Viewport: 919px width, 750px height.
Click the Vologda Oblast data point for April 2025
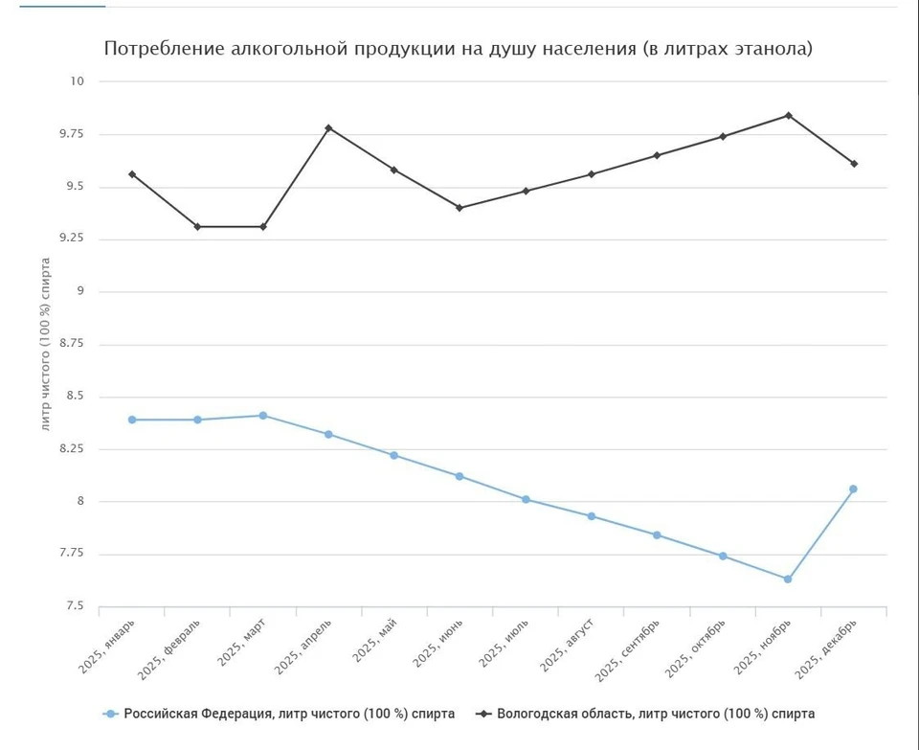(328, 127)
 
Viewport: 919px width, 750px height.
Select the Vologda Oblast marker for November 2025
(788, 115)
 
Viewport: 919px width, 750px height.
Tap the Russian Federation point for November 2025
(788, 579)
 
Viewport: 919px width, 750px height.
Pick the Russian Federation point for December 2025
(853, 489)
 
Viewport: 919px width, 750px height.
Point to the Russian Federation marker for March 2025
(263, 416)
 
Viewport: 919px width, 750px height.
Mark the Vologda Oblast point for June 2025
(459, 208)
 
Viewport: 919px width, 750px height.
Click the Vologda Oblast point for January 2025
(132, 174)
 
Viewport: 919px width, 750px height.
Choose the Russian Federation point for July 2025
(526, 499)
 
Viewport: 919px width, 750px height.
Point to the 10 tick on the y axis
(77, 81)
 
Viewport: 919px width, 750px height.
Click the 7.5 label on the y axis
(76, 606)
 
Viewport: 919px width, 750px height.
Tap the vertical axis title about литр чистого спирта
(46, 344)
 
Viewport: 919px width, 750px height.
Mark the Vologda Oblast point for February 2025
(197, 226)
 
